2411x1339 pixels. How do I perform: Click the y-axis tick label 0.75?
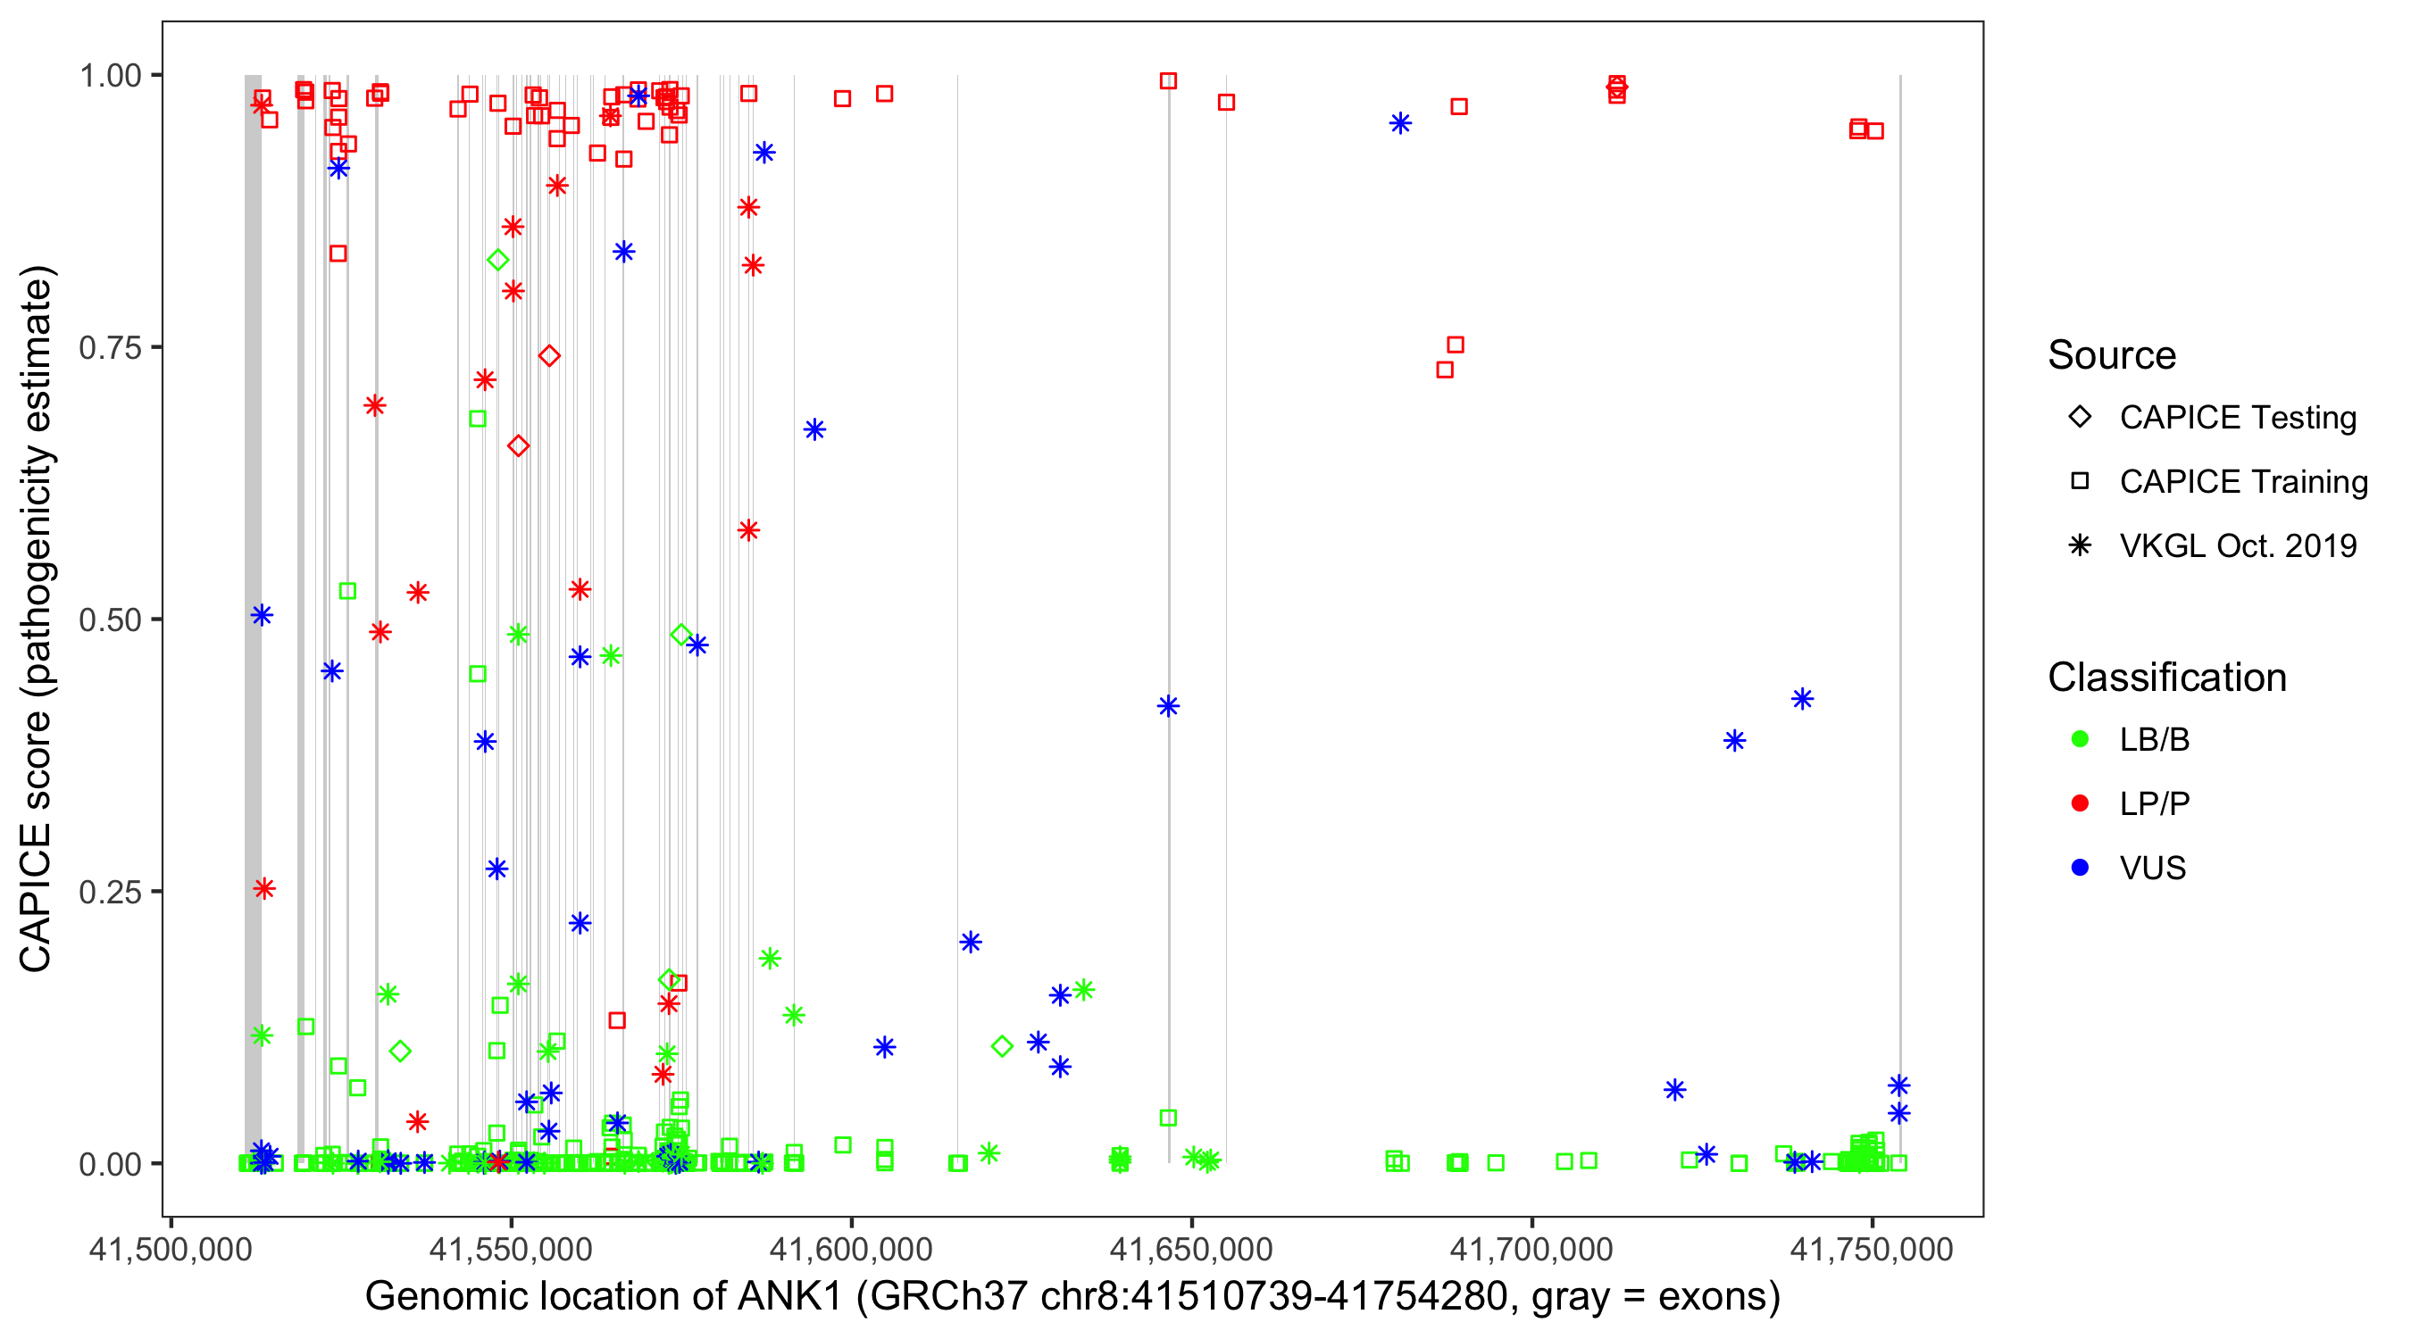(x=109, y=347)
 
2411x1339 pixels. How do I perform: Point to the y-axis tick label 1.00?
(x=109, y=75)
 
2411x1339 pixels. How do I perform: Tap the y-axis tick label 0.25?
(x=109, y=892)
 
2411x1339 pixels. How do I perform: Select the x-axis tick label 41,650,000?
(x=1190, y=1249)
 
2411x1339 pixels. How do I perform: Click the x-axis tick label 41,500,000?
(x=171, y=1249)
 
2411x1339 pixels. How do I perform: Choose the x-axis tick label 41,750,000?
(x=1872, y=1249)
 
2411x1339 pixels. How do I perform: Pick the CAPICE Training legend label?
(x=2243, y=482)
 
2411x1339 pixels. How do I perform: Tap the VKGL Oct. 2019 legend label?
(x=2238, y=546)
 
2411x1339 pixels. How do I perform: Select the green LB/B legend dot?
(x=2080, y=739)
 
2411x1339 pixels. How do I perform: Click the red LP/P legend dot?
(x=2080, y=803)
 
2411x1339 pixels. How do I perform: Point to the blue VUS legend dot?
(x=2080, y=869)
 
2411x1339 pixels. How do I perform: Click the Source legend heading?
(x=2112, y=355)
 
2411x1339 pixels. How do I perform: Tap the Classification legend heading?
(x=2166, y=678)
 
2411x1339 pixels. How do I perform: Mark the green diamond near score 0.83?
(x=498, y=260)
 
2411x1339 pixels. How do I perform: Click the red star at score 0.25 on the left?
(x=265, y=888)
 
